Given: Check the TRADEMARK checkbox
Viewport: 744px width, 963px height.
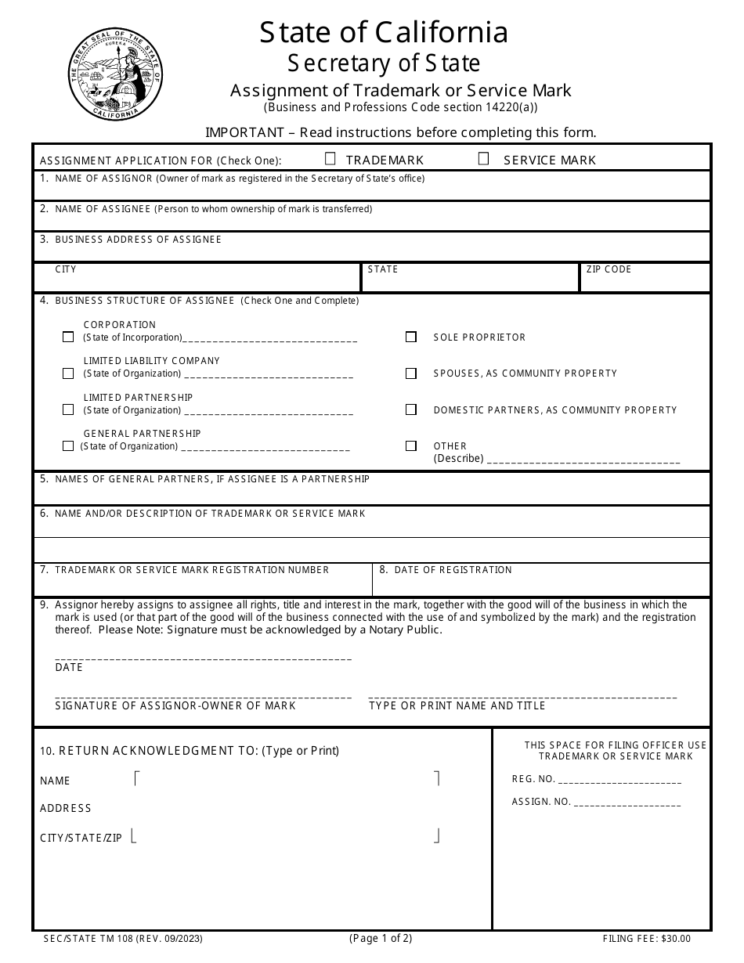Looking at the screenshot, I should point(330,159).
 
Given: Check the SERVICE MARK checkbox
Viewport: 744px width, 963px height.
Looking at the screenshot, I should point(484,159).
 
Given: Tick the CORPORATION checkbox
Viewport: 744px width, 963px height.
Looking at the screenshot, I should point(68,337).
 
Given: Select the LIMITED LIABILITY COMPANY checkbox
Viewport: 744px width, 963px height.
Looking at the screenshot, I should point(68,373).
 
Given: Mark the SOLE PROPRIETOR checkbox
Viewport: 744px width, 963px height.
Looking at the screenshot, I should point(411,337).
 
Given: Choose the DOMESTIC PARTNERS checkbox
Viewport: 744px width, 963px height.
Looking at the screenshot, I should point(411,409).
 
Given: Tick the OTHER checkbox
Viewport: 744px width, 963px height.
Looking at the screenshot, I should point(411,445).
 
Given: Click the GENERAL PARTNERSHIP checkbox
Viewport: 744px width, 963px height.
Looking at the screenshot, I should point(68,445).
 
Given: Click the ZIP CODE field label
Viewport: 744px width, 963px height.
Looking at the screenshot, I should point(609,269).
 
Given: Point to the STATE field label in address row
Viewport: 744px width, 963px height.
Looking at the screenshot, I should point(383,269).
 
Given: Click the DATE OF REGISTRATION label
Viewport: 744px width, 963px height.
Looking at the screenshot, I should point(452,570).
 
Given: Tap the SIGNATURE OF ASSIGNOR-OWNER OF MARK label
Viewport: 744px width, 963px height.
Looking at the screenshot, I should point(175,706).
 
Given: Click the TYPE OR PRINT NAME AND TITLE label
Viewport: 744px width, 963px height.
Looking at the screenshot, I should point(457,706).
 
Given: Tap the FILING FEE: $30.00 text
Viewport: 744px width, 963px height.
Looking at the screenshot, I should point(647,939).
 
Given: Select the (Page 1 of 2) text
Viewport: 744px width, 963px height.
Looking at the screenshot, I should point(381,938).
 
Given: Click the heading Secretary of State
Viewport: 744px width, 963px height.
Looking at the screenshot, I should point(384,62).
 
